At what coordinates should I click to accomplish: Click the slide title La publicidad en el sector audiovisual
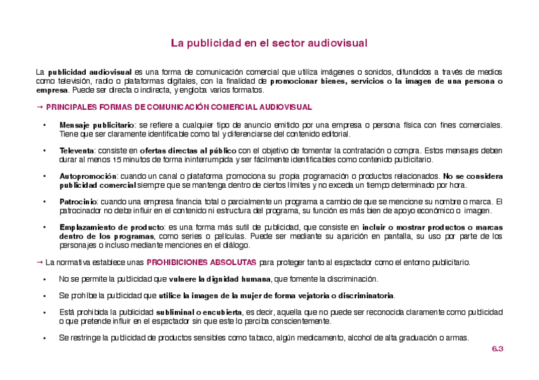tap(269, 43)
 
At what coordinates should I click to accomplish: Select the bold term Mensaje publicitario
tap(97, 125)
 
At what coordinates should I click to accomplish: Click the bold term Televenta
tap(76, 150)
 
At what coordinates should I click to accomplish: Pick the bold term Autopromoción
tap(88, 176)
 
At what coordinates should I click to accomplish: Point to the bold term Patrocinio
tap(79, 201)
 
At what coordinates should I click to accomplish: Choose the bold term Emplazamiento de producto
tap(111, 226)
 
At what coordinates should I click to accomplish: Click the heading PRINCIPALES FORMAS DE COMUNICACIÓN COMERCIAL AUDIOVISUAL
tap(179, 107)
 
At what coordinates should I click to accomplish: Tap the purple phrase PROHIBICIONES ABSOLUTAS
tap(201, 261)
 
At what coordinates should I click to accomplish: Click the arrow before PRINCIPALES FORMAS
tap(39, 107)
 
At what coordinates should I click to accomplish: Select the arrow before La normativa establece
tap(39, 261)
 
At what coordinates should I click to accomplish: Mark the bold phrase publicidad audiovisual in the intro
tap(90, 72)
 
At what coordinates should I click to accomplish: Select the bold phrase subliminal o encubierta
tap(199, 312)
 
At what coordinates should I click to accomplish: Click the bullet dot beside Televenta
tap(44, 151)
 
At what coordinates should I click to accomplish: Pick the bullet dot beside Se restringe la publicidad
tap(44, 338)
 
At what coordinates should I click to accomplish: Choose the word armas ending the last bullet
tap(457, 337)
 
